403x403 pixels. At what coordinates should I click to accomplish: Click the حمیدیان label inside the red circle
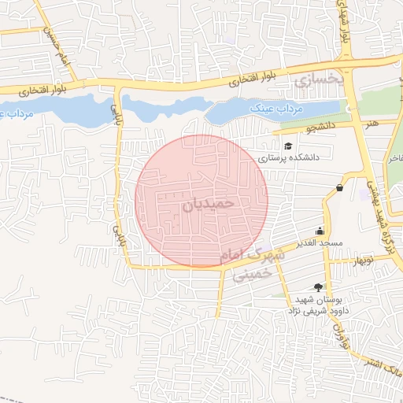point(209,203)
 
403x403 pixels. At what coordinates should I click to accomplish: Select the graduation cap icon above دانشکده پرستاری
point(288,146)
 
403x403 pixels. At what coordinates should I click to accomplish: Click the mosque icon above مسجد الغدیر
point(320,231)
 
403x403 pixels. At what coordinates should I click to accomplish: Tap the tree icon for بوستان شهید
point(318,288)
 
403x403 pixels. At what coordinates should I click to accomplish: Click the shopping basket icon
point(339,188)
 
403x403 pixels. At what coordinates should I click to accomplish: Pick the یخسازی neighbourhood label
point(319,81)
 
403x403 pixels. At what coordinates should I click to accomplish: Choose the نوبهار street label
point(364,260)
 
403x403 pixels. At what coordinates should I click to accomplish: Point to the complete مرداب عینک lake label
point(271,108)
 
